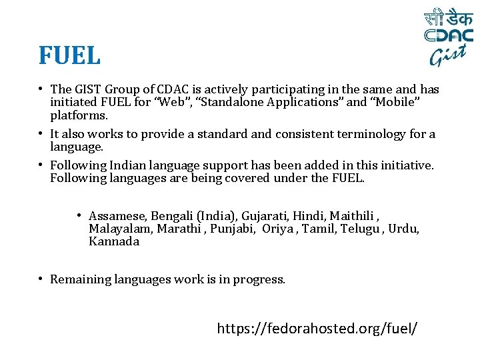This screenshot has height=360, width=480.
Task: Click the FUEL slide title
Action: (x=69, y=55)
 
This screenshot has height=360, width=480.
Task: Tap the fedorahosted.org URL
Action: (x=317, y=328)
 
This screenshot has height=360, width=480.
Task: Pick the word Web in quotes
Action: (x=171, y=103)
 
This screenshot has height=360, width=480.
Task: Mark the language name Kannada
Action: (x=114, y=241)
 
